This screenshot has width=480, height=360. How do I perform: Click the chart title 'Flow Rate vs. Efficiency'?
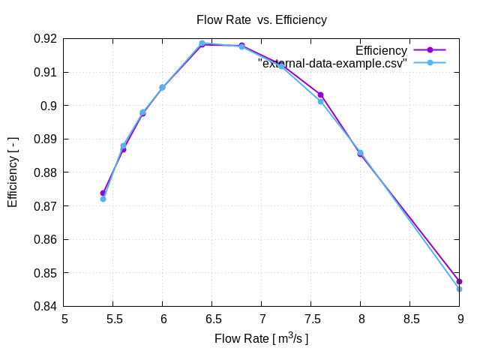pos(261,20)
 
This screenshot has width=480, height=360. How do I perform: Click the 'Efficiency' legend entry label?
pos(381,51)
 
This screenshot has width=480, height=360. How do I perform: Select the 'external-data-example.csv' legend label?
pos(332,64)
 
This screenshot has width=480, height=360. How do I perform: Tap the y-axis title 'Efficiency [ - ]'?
pos(13,172)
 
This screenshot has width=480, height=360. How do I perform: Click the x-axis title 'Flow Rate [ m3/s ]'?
pos(261,339)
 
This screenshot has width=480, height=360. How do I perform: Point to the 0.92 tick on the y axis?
pos(46,39)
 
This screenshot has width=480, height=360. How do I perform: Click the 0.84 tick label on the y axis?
pos(46,307)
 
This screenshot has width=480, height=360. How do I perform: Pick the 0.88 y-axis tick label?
pos(46,172)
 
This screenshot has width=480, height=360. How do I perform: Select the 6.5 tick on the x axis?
pos(212,319)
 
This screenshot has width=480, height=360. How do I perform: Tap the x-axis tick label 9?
pos(460,319)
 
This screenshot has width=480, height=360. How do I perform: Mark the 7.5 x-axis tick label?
pos(311,319)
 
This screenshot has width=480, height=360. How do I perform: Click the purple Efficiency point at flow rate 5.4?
pos(103,193)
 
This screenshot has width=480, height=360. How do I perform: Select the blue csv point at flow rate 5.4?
pos(103,199)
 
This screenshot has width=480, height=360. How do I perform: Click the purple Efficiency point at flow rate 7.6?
pos(321,94)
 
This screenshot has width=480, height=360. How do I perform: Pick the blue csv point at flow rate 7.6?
pos(321,101)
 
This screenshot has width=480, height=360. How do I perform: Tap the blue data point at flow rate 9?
pos(459,289)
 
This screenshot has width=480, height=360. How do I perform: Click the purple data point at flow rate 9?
pos(459,282)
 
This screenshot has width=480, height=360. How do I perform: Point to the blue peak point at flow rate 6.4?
pos(202,43)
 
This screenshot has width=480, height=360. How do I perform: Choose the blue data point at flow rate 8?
pos(360,152)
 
